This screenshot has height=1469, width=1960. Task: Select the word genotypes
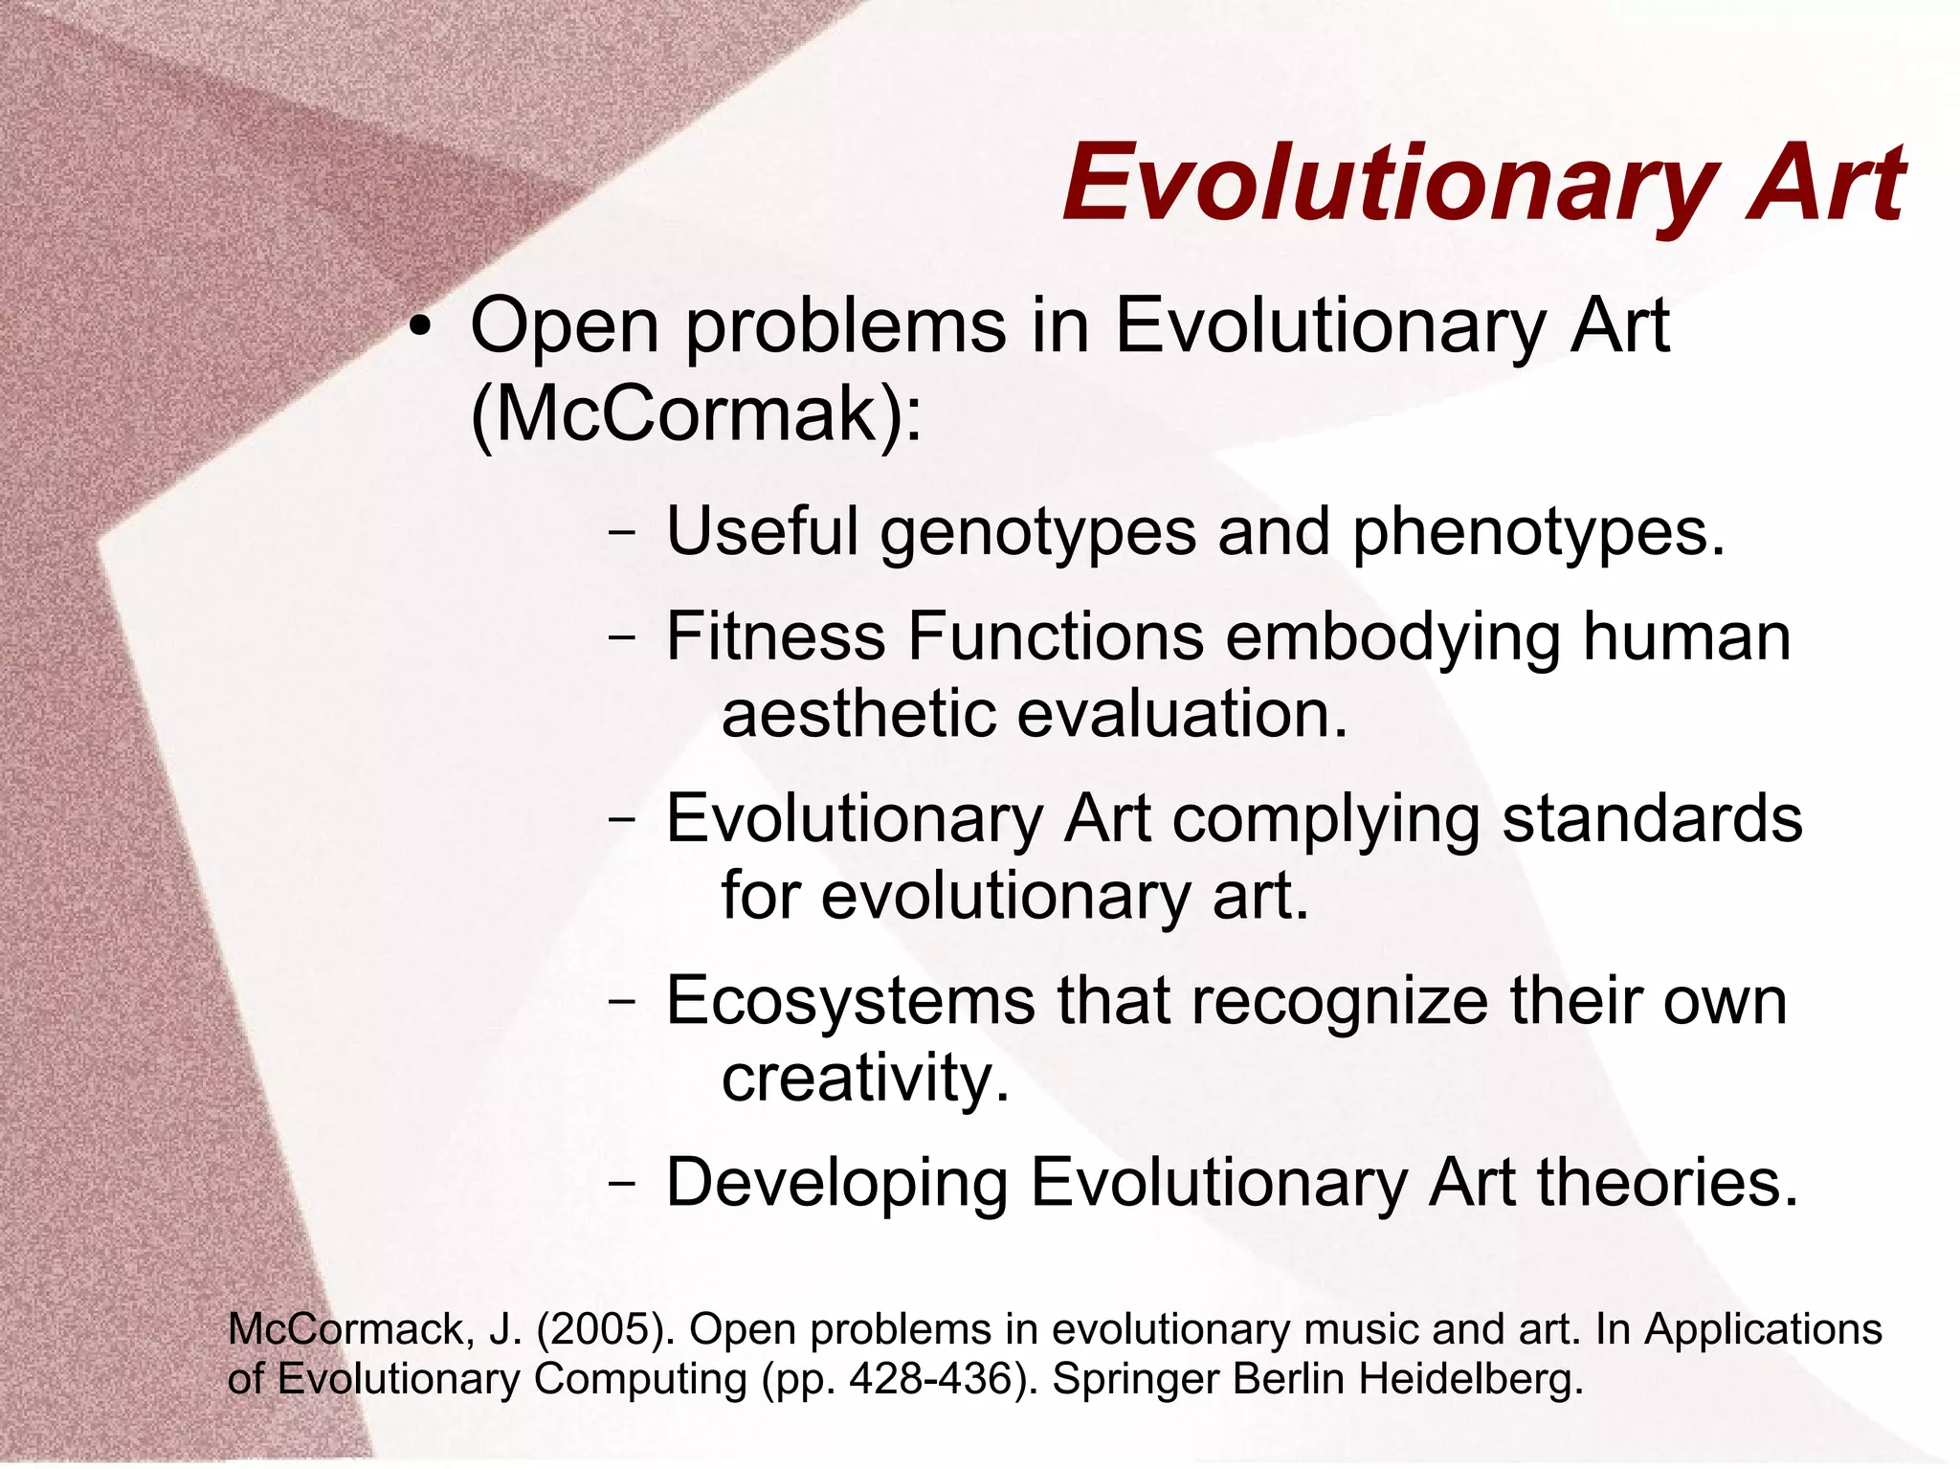point(1037,532)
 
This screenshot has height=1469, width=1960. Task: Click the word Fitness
point(775,636)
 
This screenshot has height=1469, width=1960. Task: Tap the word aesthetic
point(857,714)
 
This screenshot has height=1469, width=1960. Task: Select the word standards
point(1652,818)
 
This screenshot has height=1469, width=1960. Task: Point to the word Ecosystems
point(850,1002)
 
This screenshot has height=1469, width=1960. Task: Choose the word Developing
point(836,1184)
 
